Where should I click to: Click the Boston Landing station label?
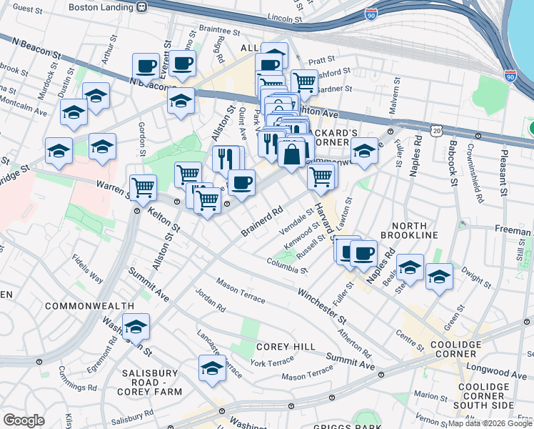(x=101, y=6)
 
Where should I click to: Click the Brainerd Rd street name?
(x=262, y=221)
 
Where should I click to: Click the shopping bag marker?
(x=292, y=153)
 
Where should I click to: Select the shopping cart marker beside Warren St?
(x=143, y=187)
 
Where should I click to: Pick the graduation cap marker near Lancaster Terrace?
(x=212, y=368)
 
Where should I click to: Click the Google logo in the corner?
(x=24, y=420)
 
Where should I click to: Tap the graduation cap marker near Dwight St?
(x=438, y=276)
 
